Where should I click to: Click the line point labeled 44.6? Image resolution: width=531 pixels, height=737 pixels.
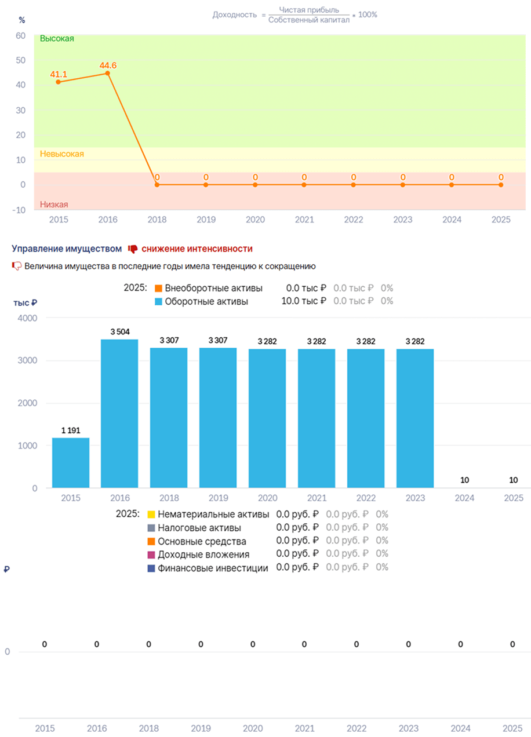107,74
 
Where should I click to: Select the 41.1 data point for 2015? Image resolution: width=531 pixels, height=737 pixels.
59,82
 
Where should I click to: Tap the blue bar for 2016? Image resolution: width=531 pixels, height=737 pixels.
119,413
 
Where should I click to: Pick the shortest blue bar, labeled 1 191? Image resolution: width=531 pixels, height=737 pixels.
71,462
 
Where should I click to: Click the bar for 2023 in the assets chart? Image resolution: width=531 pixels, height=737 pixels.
415,418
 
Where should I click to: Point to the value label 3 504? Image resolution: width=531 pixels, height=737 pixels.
120,331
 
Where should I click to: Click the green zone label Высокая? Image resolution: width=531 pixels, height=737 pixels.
57,38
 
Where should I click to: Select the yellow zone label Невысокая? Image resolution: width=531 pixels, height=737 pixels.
62,154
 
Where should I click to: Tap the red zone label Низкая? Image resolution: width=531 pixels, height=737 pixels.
54,205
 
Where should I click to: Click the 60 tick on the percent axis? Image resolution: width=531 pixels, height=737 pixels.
20,35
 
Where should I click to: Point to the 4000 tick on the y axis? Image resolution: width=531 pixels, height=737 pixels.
27,318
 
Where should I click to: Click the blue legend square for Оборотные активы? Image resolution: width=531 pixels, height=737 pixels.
158,301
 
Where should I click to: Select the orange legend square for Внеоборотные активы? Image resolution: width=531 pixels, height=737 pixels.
158,288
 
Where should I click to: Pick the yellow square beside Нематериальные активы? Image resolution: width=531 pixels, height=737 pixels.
151,514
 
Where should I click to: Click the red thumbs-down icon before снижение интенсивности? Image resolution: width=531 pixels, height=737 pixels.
133,249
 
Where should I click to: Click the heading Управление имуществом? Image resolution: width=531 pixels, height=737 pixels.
67,249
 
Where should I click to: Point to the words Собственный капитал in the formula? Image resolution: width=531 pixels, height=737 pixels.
309,20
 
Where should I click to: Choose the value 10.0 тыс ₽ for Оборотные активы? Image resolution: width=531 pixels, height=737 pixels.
304,301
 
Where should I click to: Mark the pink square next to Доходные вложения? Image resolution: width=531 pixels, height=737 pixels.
151,554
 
